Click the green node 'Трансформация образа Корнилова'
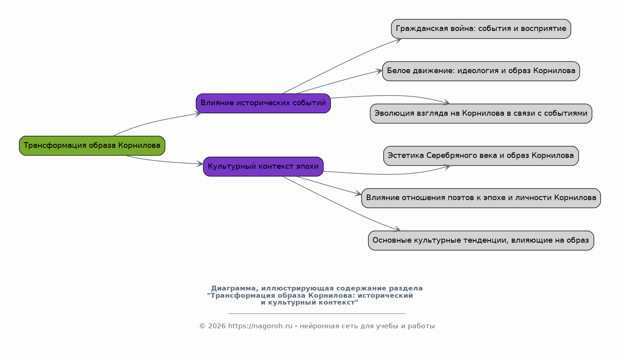[92, 145]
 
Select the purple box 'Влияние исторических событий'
[263, 103]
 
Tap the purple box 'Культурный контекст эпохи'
[263, 167]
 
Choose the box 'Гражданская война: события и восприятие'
[481, 29]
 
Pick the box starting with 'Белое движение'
[481, 71]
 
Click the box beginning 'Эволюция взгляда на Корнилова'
[481, 113]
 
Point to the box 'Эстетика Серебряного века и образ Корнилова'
[481, 156]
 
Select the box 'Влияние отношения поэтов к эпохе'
[481, 198]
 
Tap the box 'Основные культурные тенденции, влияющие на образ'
[481, 240]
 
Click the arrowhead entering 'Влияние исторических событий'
[198, 114]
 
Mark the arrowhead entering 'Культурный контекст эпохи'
[200, 164]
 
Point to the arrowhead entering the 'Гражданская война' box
[398, 41]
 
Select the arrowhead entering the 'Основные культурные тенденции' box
[397, 229]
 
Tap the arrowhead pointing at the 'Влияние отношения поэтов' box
[358, 193]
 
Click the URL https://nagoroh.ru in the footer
[260, 326]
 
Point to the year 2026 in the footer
[217, 326]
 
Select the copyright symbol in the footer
[203, 326]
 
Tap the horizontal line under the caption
[317, 313]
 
